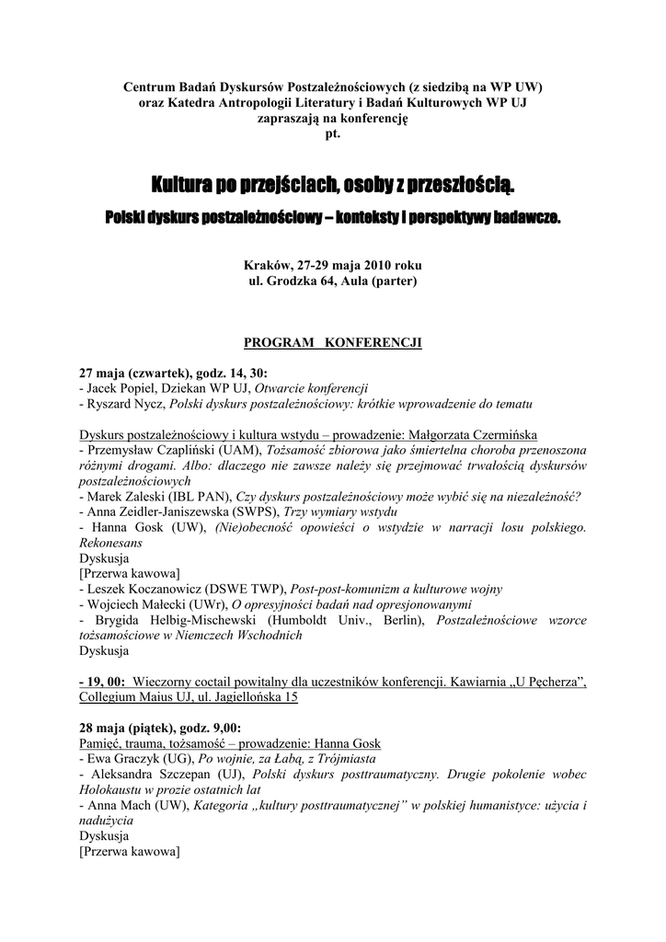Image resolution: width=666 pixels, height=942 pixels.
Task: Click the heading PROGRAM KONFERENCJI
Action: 332,342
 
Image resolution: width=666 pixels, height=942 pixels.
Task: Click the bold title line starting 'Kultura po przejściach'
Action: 332,188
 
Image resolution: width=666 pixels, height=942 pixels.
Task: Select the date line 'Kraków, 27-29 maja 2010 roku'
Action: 332,265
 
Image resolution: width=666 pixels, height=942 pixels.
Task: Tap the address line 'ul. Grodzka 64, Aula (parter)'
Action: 332,281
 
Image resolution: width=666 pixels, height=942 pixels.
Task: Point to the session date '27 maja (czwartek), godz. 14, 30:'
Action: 174,373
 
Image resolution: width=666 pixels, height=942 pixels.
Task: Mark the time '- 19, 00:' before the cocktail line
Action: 103,682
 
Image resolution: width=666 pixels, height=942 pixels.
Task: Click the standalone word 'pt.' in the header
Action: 332,133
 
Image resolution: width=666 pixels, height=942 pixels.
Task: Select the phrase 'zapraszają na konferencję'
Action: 332,118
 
